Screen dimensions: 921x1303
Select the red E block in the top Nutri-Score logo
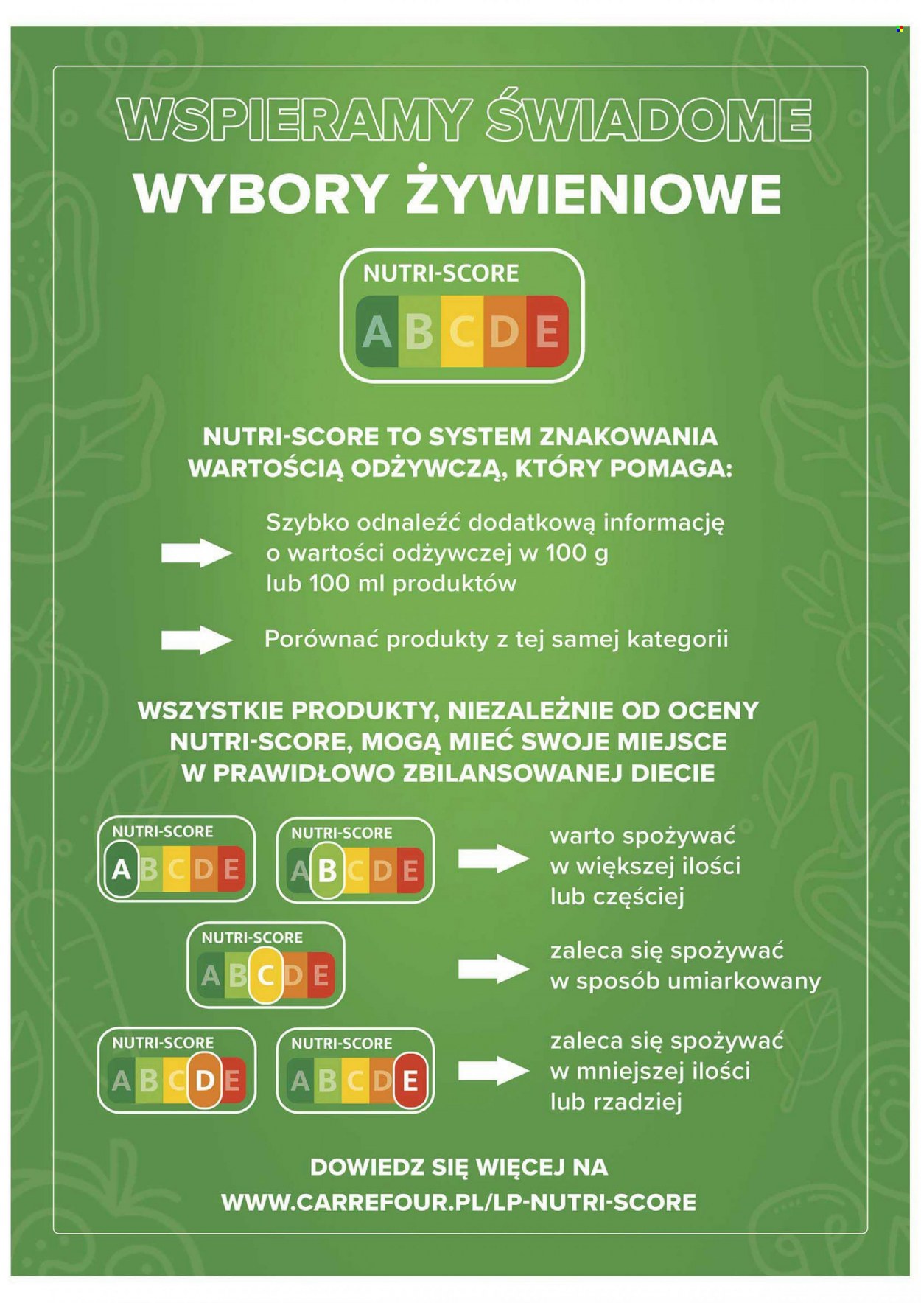pos(547,332)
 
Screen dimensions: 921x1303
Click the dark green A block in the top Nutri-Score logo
pos(377,332)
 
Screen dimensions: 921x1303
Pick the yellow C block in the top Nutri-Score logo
pos(462,332)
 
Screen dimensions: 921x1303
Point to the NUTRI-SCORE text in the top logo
pos(441,273)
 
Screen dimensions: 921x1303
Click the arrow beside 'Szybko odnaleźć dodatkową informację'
pos(197,553)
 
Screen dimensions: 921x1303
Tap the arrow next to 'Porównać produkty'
pos(197,640)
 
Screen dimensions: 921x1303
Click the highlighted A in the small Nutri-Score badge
pos(121,870)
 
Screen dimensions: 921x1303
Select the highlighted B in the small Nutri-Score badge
pos(327,870)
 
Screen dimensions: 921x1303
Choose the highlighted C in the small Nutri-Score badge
pos(266,975)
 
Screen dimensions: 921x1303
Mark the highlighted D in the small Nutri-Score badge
pos(205,1080)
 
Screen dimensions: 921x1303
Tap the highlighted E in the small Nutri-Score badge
pos(410,1081)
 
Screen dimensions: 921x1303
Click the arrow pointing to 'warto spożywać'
pos(494,859)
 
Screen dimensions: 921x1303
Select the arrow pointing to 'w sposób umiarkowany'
pos(494,968)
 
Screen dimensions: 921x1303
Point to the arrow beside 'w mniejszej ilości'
pos(494,1071)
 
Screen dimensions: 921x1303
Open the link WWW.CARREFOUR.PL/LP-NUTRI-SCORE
pos(458,1202)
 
